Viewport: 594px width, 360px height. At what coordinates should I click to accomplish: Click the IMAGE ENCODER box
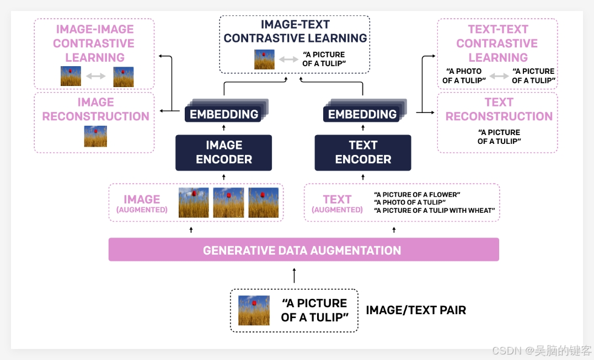(223, 152)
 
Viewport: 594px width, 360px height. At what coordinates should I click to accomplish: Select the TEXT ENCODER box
(363, 152)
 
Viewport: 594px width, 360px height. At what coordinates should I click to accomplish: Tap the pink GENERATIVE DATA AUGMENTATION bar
(303, 250)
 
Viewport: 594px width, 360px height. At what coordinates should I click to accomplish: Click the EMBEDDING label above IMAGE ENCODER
(224, 114)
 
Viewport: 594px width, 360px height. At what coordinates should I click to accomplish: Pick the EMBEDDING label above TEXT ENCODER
(362, 114)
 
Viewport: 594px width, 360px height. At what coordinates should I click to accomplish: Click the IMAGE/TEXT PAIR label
(416, 310)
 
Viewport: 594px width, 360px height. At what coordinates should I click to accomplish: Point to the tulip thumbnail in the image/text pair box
(254, 310)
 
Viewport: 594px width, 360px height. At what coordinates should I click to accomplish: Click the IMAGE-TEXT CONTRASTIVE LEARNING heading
(295, 31)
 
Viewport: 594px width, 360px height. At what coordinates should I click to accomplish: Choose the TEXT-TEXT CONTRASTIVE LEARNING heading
(497, 43)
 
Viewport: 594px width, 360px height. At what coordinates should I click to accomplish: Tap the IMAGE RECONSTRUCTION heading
(95, 109)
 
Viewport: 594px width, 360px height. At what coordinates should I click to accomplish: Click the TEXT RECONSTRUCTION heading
(499, 109)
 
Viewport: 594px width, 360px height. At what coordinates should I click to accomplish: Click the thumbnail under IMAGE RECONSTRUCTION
(95, 136)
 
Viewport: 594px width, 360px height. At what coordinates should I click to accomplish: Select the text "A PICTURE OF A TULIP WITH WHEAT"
(435, 210)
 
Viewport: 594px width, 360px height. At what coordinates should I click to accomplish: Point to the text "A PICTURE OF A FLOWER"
(417, 195)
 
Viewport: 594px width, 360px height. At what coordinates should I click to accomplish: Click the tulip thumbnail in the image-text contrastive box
(264, 60)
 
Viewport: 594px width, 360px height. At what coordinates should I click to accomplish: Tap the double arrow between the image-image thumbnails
(96, 76)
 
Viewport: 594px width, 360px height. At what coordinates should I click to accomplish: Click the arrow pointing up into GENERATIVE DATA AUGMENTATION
(295, 275)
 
